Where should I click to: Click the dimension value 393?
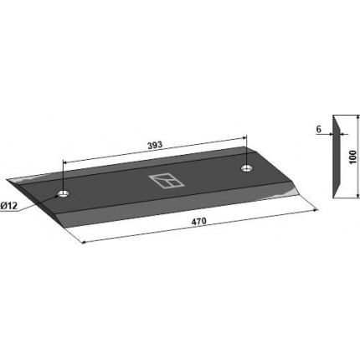[x=155, y=145]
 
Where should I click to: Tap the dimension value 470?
[x=198, y=221]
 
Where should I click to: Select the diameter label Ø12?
[x=8, y=206]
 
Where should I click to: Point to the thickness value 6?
[x=319, y=129]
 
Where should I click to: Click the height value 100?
[x=352, y=157]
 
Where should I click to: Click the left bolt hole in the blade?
[x=64, y=193]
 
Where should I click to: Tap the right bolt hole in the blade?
[x=247, y=168]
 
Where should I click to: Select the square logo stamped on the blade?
[x=167, y=182]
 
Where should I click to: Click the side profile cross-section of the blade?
[x=337, y=157]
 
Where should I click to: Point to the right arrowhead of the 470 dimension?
[x=316, y=210]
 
